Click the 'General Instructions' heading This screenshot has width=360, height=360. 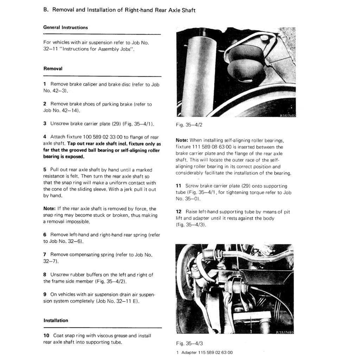point(65,27)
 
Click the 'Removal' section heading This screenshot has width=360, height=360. point(53,69)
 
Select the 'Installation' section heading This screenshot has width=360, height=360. point(56,320)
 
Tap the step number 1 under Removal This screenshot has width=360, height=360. point(45,84)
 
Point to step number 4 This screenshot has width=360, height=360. point(45,137)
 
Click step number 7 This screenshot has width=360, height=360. point(45,255)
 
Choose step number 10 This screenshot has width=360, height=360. point(46,336)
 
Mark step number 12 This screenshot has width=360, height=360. point(179,212)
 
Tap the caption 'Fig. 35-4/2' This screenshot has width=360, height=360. point(188,124)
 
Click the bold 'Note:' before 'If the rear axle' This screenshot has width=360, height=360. point(50,209)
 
